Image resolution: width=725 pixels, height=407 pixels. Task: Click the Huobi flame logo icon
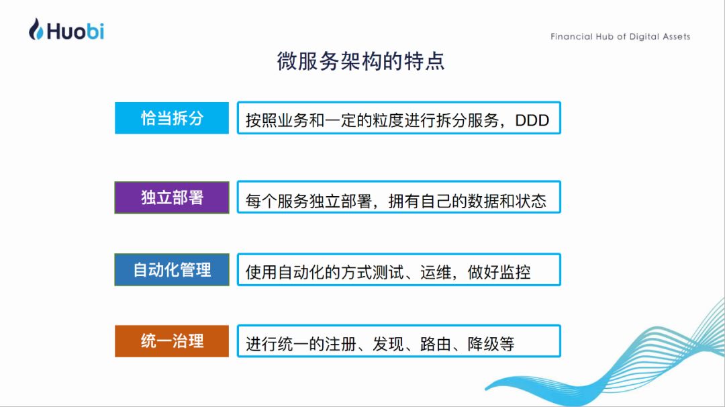point(36,29)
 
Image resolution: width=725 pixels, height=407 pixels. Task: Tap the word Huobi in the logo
point(75,31)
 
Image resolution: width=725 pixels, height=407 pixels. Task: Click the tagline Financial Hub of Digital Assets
point(620,36)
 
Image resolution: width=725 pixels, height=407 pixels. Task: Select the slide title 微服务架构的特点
point(360,61)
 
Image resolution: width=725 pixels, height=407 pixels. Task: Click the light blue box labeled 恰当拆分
point(172,118)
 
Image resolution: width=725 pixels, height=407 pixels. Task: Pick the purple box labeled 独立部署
point(172,197)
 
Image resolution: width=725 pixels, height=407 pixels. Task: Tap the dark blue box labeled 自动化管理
point(172,269)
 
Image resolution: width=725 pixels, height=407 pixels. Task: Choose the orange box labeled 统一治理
point(172,341)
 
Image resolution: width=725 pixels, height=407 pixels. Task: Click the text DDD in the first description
point(532,120)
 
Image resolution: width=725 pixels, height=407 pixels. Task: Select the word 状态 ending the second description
point(531,201)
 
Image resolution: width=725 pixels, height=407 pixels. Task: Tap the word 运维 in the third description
point(436,273)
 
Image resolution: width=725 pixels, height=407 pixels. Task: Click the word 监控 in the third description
point(515,273)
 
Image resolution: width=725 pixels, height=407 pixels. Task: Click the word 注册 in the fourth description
point(340,344)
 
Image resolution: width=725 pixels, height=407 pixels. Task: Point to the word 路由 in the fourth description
point(436,344)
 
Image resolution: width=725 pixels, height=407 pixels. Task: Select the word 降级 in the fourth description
point(483,344)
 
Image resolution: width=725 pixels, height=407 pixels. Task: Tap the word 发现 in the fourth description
point(388,344)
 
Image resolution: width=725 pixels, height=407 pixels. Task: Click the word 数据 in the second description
point(483,201)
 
